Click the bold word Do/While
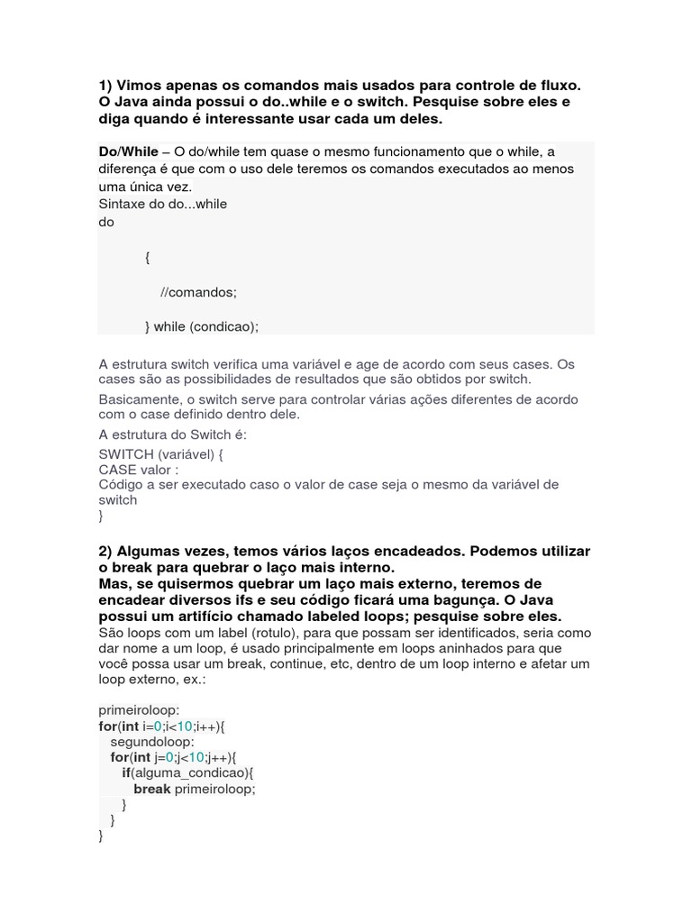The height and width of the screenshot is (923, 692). (128, 151)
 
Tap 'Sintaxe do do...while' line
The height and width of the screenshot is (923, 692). (163, 204)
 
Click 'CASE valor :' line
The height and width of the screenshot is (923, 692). (139, 469)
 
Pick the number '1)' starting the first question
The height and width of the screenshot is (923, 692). (105, 85)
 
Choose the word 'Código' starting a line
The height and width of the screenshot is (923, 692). (121, 484)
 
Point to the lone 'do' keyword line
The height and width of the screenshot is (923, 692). (106, 222)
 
